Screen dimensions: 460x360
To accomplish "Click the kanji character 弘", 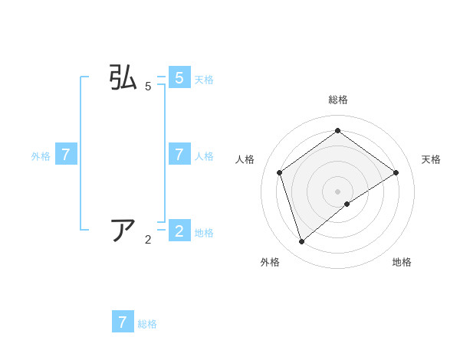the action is coord(123,78).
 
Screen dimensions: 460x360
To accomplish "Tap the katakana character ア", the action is coord(123,230).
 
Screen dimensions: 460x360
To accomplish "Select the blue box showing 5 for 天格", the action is coord(179,78).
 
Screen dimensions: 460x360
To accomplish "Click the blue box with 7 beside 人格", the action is coord(179,155).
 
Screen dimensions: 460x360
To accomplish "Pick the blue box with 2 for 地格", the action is coord(179,230).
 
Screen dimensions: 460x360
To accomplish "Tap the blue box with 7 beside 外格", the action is coord(66,155).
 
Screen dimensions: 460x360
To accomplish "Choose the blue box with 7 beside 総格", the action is coord(123,322).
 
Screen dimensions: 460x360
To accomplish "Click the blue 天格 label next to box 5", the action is coord(204,79).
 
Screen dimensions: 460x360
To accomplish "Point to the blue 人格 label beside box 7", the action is coord(204,155).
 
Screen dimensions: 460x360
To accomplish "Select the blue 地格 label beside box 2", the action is coord(204,233).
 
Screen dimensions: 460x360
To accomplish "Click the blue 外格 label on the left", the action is coord(41,155).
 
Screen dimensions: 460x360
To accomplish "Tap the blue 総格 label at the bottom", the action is coord(147,324).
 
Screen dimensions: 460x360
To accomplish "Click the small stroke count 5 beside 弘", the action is coord(148,87).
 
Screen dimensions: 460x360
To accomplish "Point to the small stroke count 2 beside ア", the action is coord(148,240).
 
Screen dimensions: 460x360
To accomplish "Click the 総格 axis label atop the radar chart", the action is coord(338,100).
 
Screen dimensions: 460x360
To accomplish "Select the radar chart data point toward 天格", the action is coord(396,172).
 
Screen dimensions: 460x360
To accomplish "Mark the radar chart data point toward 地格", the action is coord(347,204).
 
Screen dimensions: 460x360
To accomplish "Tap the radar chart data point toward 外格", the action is coord(302,242).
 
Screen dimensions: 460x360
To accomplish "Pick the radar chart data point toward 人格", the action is coord(280,172).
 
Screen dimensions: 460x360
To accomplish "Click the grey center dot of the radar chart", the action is coord(338,191).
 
